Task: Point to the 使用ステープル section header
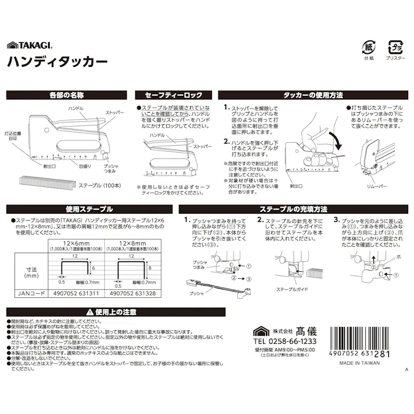[x=88, y=208]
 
